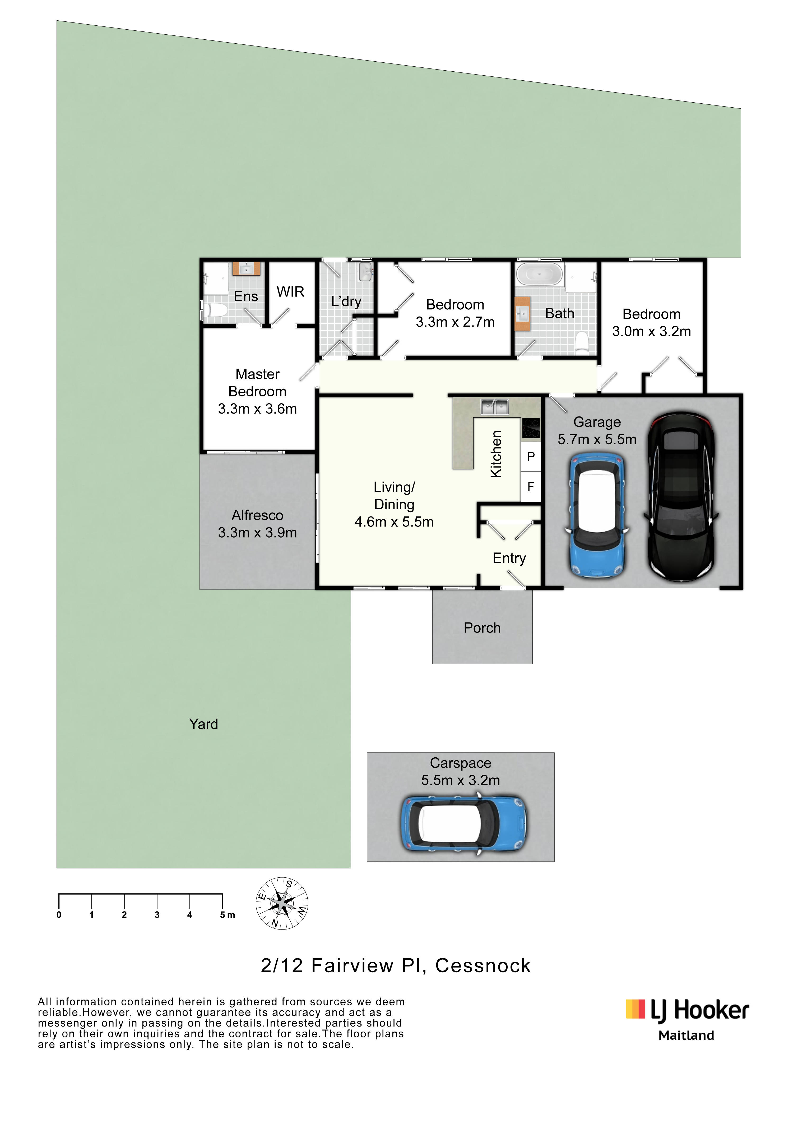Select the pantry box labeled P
click(x=531, y=456)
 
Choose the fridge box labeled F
click(x=531, y=487)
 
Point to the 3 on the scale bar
click(x=157, y=915)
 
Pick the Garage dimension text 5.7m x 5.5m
click(x=597, y=439)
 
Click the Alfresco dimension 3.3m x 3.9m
click(x=257, y=533)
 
